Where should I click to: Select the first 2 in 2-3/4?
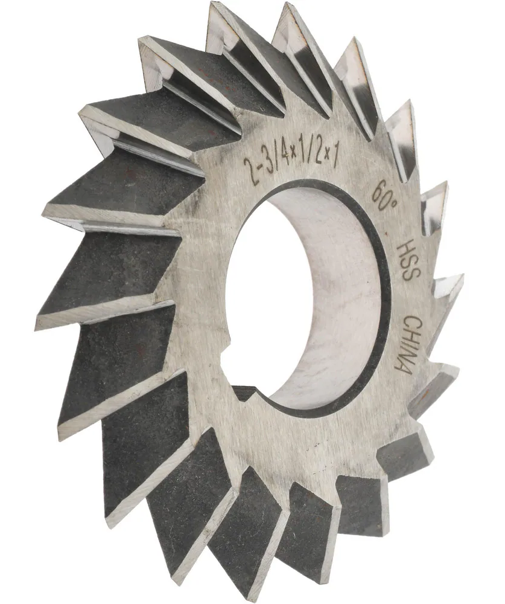[x=247, y=164]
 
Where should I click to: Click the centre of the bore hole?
[x=308, y=296]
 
